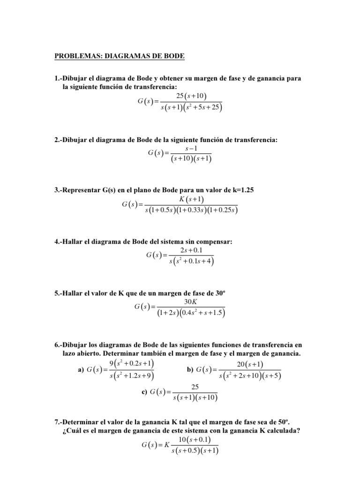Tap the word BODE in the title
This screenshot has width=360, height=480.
tap(175, 57)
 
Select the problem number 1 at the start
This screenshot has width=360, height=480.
tap(57, 78)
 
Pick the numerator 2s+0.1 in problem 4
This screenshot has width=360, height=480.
tap(190, 251)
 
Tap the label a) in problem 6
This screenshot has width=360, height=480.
tap(80, 370)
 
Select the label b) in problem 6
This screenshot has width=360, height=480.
tap(190, 370)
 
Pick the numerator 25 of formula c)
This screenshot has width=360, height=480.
tap(195, 387)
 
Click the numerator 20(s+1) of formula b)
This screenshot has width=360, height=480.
tap(249, 364)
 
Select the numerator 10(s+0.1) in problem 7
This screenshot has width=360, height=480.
tap(195, 439)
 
